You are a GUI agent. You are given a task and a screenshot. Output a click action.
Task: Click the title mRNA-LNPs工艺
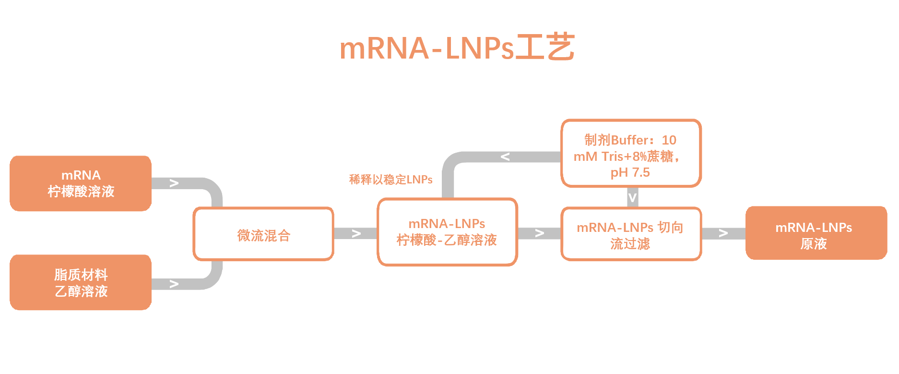point(457,48)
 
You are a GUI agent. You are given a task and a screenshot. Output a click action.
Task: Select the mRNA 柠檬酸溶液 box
point(81,183)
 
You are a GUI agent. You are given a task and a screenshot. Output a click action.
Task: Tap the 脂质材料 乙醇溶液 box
point(81,282)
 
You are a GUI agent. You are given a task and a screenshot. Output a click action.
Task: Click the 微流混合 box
point(263,234)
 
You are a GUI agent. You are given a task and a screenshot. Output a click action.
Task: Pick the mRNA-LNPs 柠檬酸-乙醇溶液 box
point(447,232)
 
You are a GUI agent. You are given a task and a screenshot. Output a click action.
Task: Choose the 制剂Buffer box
point(631,153)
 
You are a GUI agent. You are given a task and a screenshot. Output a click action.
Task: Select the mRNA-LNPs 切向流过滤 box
point(631,234)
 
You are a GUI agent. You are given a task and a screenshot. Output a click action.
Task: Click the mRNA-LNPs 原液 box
point(816,233)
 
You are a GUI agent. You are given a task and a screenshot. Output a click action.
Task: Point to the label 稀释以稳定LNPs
point(390,180)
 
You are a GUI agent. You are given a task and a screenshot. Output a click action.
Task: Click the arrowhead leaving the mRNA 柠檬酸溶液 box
point(174,183)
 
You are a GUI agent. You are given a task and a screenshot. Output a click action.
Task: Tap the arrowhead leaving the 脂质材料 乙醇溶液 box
point(174,284)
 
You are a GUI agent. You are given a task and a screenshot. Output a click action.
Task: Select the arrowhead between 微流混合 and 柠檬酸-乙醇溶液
point(356,234)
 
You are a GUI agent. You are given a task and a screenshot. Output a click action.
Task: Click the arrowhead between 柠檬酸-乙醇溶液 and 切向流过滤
point(540,233)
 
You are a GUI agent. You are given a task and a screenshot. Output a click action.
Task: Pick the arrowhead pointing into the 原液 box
point(723,233)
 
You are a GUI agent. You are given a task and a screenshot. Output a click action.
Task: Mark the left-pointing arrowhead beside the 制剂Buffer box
point(505,157)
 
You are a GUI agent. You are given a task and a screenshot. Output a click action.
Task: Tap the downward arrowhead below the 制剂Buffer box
point(632,197)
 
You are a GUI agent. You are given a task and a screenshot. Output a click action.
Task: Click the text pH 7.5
point(630,172)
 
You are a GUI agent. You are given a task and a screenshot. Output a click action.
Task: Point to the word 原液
point(814,244)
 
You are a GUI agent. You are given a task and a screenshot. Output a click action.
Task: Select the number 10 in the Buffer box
point(669,140)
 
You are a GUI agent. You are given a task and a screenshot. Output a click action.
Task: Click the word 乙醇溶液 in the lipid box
point(81,291)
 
